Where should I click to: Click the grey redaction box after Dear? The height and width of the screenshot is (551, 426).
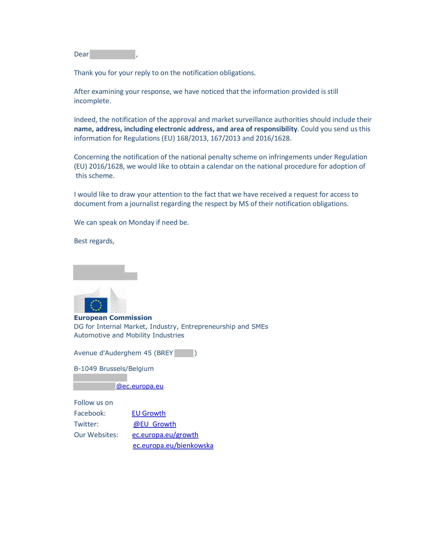coord(112,54)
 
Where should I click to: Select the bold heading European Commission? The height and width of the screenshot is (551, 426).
coord(113,318)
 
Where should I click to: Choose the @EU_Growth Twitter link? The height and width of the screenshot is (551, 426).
coord(155,424)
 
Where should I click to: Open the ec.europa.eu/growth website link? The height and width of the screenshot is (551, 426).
coord(165,435)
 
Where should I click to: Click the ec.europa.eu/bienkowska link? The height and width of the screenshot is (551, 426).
coord(173,446)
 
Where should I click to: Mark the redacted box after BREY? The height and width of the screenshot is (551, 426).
coord(183,353)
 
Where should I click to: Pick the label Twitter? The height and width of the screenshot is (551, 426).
coord(86,424)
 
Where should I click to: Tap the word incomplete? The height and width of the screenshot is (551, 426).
coord(92,101)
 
